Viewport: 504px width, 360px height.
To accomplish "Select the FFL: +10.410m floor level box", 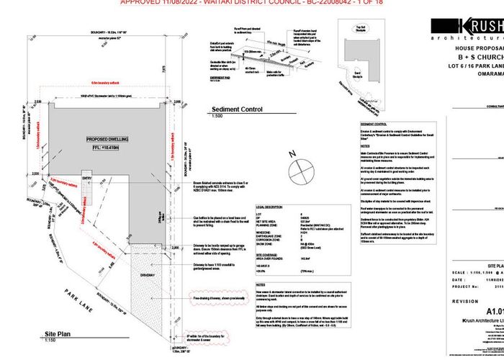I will click(x=107, y=150).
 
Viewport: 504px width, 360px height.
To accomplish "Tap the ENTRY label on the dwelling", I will click(x=87, y=179).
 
